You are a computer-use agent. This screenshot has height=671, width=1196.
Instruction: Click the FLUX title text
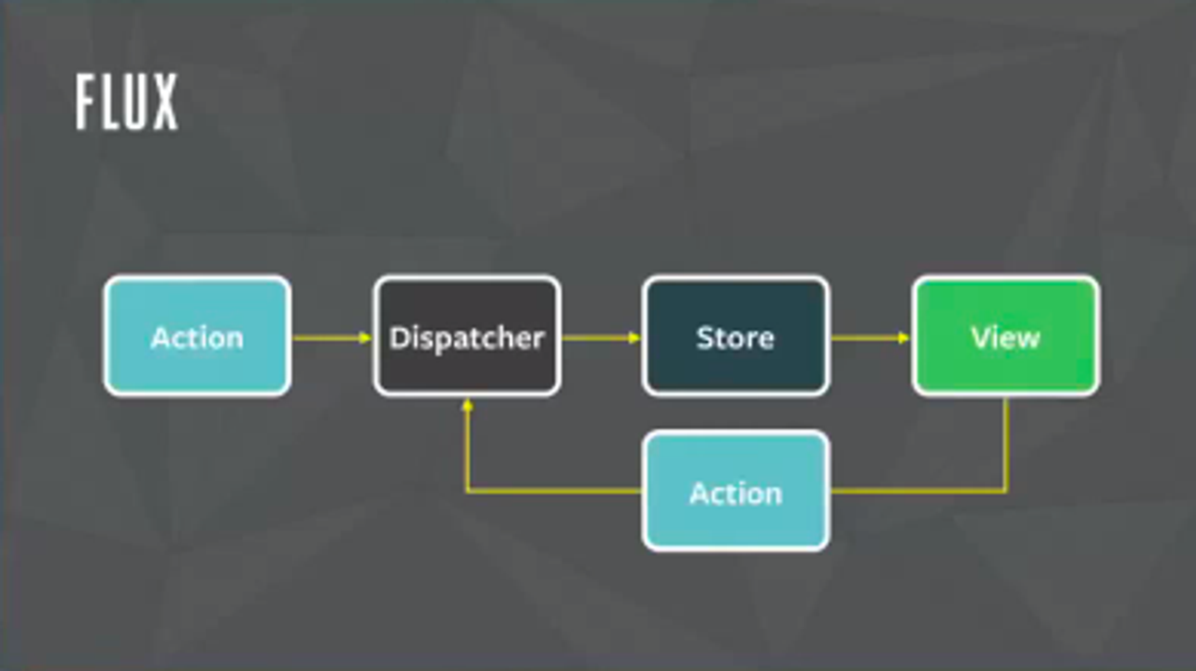pyautogui.click(x=126, y=103)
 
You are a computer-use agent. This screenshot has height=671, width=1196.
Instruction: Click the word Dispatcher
pyautogui.click(x=467, y=337)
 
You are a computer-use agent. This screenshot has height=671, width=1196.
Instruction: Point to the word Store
pyautogui.click(x=735, y=337)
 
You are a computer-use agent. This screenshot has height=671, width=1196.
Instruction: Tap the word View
pyautogui.click(x=1005, y=337)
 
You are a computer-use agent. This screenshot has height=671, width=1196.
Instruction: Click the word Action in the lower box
pyautogui.click(x=735, y=493)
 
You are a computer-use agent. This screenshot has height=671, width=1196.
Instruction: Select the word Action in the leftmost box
pyautogui.click(x=197, y=337)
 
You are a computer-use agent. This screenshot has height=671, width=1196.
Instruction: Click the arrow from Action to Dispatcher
pyautogui.click(x=332, y=337)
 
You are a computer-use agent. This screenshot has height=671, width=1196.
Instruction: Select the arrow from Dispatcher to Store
pyautogui.click(x=601, y=337)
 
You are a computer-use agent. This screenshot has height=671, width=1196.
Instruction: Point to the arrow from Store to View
pyautogui.click(x=870, y=337)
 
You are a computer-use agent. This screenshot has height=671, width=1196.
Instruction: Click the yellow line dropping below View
pyautogui.click(x=1005, y=444)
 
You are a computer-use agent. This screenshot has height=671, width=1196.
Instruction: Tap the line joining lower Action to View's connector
pyautogui.click(x=916, y=491)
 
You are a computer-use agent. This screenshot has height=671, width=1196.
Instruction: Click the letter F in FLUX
pyautogui.click(x=87, y=103)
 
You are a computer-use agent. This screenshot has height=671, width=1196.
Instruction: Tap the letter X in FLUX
pyautogui.click(x=164, y=103)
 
